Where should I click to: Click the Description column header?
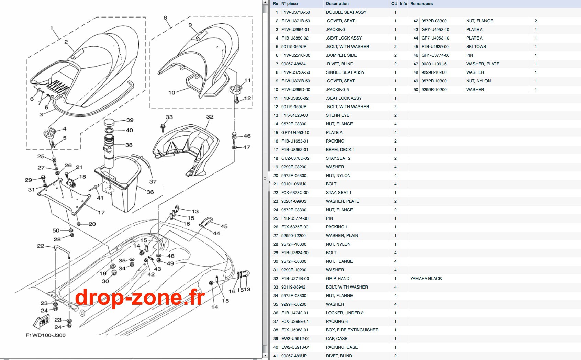tap(337, 4)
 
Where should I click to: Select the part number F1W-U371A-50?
tap(295, 12)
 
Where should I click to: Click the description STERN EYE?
tap(337, 115)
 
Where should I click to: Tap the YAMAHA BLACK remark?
tap(426, 278)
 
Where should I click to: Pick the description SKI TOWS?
tap(476, 47)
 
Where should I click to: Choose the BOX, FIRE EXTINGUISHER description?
tap(352, 330)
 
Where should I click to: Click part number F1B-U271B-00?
tap(295, 278)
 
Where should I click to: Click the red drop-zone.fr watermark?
tap(140, 297)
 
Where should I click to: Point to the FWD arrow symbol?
tap(42, 322)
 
